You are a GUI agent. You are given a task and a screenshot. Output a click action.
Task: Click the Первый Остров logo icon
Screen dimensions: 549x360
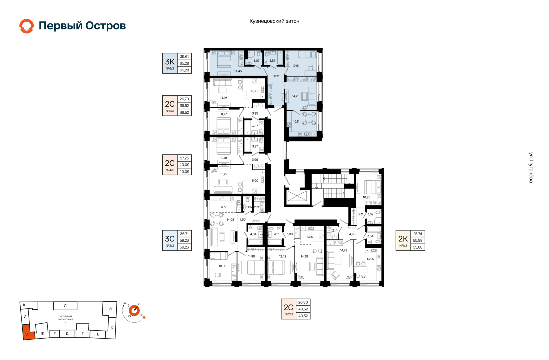(x=27, y=26)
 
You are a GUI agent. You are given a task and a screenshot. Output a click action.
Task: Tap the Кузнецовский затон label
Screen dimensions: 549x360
(x=274, y=21)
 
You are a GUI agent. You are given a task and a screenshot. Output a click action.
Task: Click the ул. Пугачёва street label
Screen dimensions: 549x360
(x=531, y=167)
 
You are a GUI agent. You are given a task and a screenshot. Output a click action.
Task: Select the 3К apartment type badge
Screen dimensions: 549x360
(x=170, y=63)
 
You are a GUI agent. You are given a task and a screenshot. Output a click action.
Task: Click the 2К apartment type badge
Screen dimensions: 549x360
(x=403, y=241)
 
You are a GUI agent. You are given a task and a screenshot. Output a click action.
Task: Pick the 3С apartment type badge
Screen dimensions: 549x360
(x=170, y=241)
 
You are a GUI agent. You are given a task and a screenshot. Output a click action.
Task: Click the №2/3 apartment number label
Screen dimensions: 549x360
(x=289, y=314)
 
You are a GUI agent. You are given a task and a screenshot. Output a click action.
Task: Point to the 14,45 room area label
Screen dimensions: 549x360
(x=238, y=71)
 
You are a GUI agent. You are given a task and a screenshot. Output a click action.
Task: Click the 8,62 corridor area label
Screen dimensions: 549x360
(x=276, y=76)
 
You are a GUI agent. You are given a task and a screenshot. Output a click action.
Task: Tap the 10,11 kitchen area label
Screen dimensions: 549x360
(x=296, y=121)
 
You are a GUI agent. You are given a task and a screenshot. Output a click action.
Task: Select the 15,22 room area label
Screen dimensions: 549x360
(x=224, y=174)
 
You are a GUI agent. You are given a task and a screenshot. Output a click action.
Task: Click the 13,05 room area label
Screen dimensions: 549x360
(x=370, y=259)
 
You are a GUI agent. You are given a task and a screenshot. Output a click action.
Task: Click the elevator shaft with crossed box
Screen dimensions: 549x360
(x=297, y=197)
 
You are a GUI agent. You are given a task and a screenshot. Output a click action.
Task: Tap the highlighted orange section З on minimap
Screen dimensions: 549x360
(x=28, y=333)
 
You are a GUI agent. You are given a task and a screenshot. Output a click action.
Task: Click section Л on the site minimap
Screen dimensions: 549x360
(x=65, y=306)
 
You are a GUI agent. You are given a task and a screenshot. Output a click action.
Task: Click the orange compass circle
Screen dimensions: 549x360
(x=134, y=310)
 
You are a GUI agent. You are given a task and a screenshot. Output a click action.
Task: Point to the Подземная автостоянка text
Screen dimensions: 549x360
(x=65, y=318)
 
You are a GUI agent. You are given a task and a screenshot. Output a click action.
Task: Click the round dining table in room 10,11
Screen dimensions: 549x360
(x=309, y=118)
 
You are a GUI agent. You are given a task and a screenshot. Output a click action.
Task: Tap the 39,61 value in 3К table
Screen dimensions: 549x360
(x=184, y=57)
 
